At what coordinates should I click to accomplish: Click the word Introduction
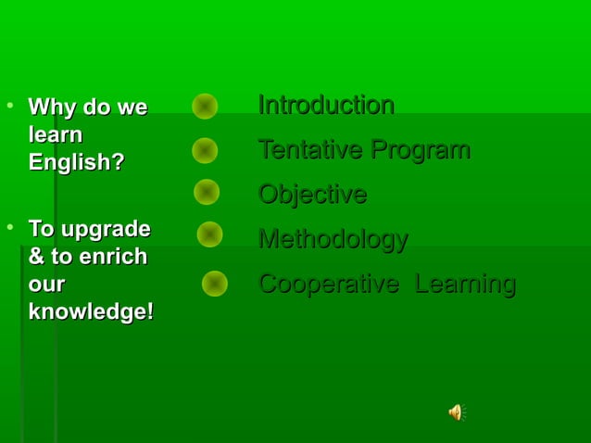pos(326,105)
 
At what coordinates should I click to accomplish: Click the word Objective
pos(312,195)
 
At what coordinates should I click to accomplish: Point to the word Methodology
pos(333,239)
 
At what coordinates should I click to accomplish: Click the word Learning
pos(465,284)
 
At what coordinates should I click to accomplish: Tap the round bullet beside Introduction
pos(205,107)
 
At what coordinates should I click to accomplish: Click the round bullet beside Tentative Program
pos(205,150)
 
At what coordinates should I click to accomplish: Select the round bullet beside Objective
pos(207,192)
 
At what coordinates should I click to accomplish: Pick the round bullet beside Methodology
pos(209,234)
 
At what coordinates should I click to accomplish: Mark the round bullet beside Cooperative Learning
pos(215,284)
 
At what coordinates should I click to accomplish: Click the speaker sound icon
pos(456,412)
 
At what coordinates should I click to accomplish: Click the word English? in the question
pos(76,162)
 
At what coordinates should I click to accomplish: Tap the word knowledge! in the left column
pos(91,311)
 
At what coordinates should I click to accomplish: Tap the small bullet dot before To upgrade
pos(10,225)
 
